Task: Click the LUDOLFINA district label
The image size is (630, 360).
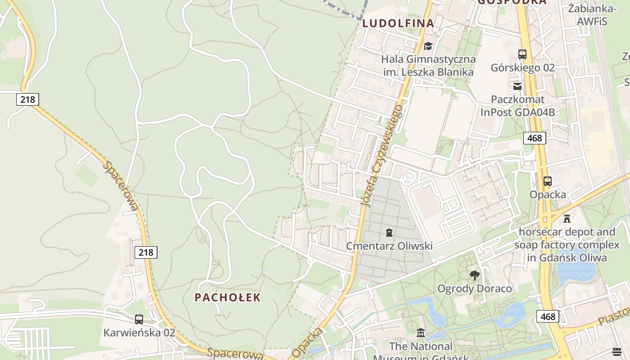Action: pos(398,23)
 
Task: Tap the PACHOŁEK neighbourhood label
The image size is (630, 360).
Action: pos(228,297)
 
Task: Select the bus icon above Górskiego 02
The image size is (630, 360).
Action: pos(522,54)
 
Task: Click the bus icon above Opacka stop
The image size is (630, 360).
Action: pos(548,181)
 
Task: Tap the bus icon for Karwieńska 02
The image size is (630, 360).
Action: pos(139,319)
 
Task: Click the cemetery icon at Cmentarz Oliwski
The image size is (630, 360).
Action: pos(389,233)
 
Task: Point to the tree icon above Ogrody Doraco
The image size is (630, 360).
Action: pos(474,275)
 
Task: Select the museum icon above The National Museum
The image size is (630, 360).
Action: pos(421,333)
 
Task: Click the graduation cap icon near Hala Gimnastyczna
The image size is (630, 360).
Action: pos(428,46)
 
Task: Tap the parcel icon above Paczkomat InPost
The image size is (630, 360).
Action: pos(517,86)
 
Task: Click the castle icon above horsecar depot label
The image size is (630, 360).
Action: pos(567,219)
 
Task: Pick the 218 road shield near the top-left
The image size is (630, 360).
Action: pos(27,99)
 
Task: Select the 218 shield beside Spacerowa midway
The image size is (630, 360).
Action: pos(146,252)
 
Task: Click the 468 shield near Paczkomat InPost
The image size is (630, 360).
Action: pos(535,138)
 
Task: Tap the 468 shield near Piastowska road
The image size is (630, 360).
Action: pos(548,316)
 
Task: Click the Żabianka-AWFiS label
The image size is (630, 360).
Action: pos(592,15)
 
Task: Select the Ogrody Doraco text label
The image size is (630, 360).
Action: pos(475,288)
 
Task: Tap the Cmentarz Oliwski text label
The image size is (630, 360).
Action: pos(389,246)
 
